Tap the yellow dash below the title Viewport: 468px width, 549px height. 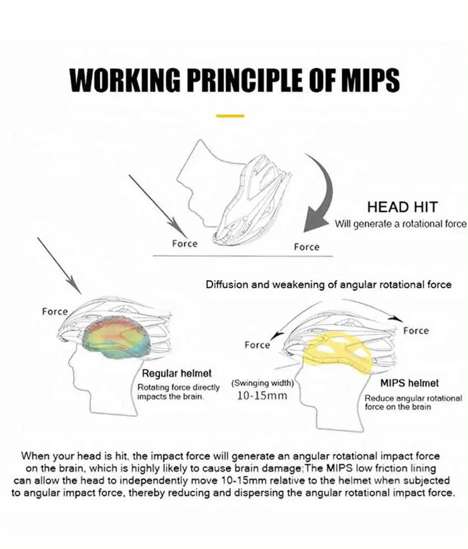pos(230,116)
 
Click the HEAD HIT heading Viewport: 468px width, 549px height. pos(402,207)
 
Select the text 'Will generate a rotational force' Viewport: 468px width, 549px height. pos(400,224)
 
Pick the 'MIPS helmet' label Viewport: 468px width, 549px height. pos(409,384)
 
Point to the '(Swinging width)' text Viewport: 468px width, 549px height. pos(263,384)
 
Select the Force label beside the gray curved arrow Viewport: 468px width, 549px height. pos(306,247)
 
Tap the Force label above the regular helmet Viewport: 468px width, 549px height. pos(55,312)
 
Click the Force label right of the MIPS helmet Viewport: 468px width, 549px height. pos(415,330)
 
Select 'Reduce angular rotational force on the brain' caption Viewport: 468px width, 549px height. pos(413,402)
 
